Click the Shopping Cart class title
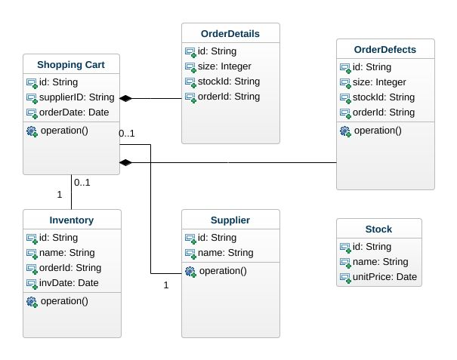(71, 66)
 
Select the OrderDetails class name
(230, 34)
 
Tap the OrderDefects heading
(385, 50)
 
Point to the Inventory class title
(71, 221)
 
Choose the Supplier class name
(230, 221)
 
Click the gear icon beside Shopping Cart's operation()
(32, 131)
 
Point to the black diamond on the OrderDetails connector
(126, 98)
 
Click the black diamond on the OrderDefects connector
(126, 162)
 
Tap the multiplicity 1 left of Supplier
(165, 285)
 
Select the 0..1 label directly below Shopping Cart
(82, 182)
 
